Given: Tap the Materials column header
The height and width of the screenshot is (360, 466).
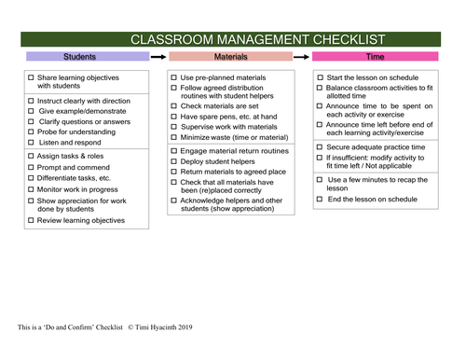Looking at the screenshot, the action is (231, 57).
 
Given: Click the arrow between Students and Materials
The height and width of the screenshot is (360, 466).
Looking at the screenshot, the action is (158, 57).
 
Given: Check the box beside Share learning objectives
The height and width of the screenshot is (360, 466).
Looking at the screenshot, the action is (31, 77).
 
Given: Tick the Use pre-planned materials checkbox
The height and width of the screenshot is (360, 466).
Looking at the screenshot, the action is (174, 77).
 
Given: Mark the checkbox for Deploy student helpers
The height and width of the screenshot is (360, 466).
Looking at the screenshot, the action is (174, 161).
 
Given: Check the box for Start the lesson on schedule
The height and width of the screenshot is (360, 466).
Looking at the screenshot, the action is (321, 77).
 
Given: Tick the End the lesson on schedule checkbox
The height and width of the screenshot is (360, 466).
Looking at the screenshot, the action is (321, 200).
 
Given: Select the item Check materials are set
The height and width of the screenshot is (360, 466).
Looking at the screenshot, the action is (223, 107).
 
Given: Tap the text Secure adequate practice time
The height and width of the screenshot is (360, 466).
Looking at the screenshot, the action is (376, 147).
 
